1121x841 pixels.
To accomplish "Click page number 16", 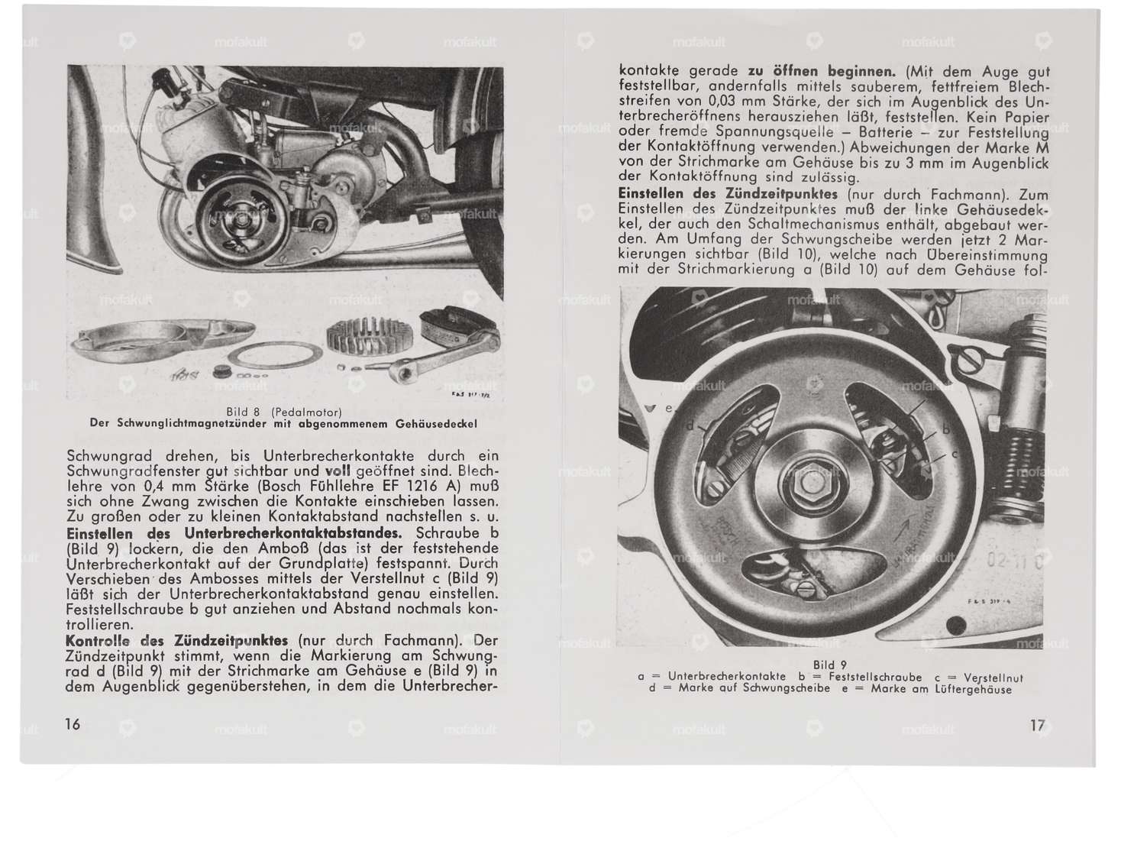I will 73,723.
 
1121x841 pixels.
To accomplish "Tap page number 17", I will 1037,726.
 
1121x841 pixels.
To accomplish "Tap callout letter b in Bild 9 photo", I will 946,430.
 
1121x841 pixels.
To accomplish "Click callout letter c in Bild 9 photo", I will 954,455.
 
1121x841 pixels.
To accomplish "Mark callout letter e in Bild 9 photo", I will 670,409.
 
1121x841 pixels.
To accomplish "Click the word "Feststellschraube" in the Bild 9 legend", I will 865,677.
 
